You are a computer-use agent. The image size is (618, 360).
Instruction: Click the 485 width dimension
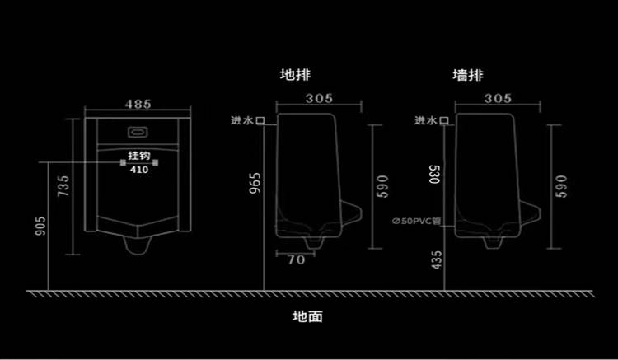[x=138, y=105]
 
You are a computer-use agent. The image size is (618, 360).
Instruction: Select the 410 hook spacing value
[x=138, y=170]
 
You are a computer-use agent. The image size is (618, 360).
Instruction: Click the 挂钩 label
[x=138, y=157]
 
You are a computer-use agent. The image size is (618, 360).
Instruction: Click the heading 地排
[x=293, y=75]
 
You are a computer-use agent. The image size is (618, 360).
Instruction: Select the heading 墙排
[x=468, y=75]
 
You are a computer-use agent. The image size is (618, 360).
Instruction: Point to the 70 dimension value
[x=297, y=260]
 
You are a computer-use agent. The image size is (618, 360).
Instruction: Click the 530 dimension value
[x=435, y=175]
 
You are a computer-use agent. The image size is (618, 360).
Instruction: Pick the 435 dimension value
[x=435, y=263]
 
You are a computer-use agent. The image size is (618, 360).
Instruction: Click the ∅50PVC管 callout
[x=417, y=221]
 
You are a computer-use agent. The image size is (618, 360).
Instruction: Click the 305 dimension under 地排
[x=319, y=98]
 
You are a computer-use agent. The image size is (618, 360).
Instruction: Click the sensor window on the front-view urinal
[x=138, y=130]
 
